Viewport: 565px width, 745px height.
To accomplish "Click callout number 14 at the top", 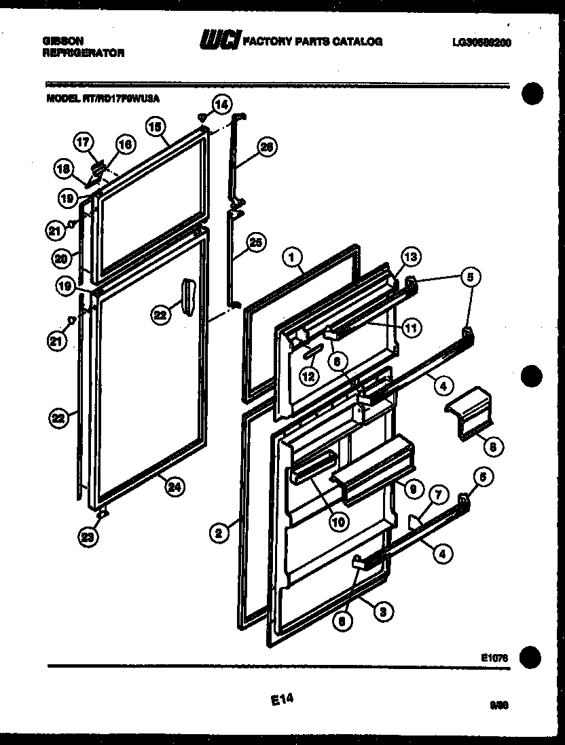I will pos(221,104).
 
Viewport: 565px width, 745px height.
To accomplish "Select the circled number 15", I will pos(155,126).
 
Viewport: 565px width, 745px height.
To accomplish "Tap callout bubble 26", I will pos(268,148).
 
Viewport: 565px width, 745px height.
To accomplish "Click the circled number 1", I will pos(291,257).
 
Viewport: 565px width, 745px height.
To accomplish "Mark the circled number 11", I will pos(411,328).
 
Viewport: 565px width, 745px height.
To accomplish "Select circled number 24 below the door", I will pos(175,486).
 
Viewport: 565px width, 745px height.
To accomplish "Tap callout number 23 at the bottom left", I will pos(87,537).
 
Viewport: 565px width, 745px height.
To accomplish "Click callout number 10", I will pos(338,521).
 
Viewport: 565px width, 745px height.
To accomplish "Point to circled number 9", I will pos(412,486).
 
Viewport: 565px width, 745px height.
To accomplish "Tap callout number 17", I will pos(83,142).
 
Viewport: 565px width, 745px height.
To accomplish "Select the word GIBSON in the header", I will pos(59,41).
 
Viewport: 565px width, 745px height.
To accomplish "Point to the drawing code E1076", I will pos(494,656).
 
